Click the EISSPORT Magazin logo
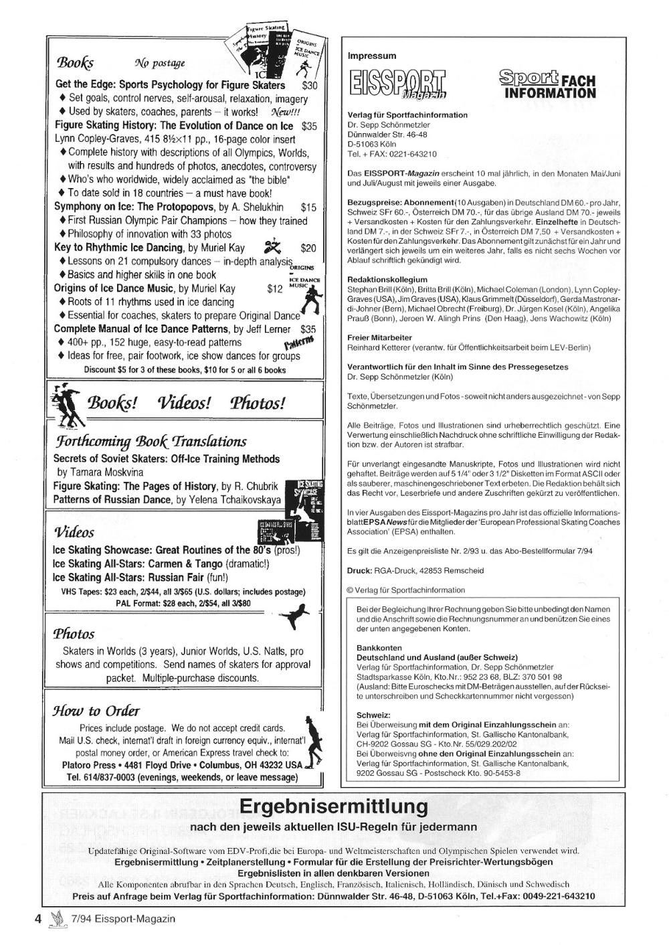click(397, 85)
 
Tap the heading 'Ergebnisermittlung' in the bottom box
click(333, 806)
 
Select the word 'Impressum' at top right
click(372, 56)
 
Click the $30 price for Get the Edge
click(310, 86)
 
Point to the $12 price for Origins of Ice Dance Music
click(274, 288)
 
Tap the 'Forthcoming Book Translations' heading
click(151, 441)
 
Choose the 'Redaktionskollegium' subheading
click(387, 279)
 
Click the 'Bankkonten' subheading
click(379, 648)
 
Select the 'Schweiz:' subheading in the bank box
click(373, 715)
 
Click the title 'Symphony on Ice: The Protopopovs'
click(130, 207)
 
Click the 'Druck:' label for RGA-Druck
click(360, 571)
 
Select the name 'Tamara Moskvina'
click(100, 472)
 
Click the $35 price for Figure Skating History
click(309, 126)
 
